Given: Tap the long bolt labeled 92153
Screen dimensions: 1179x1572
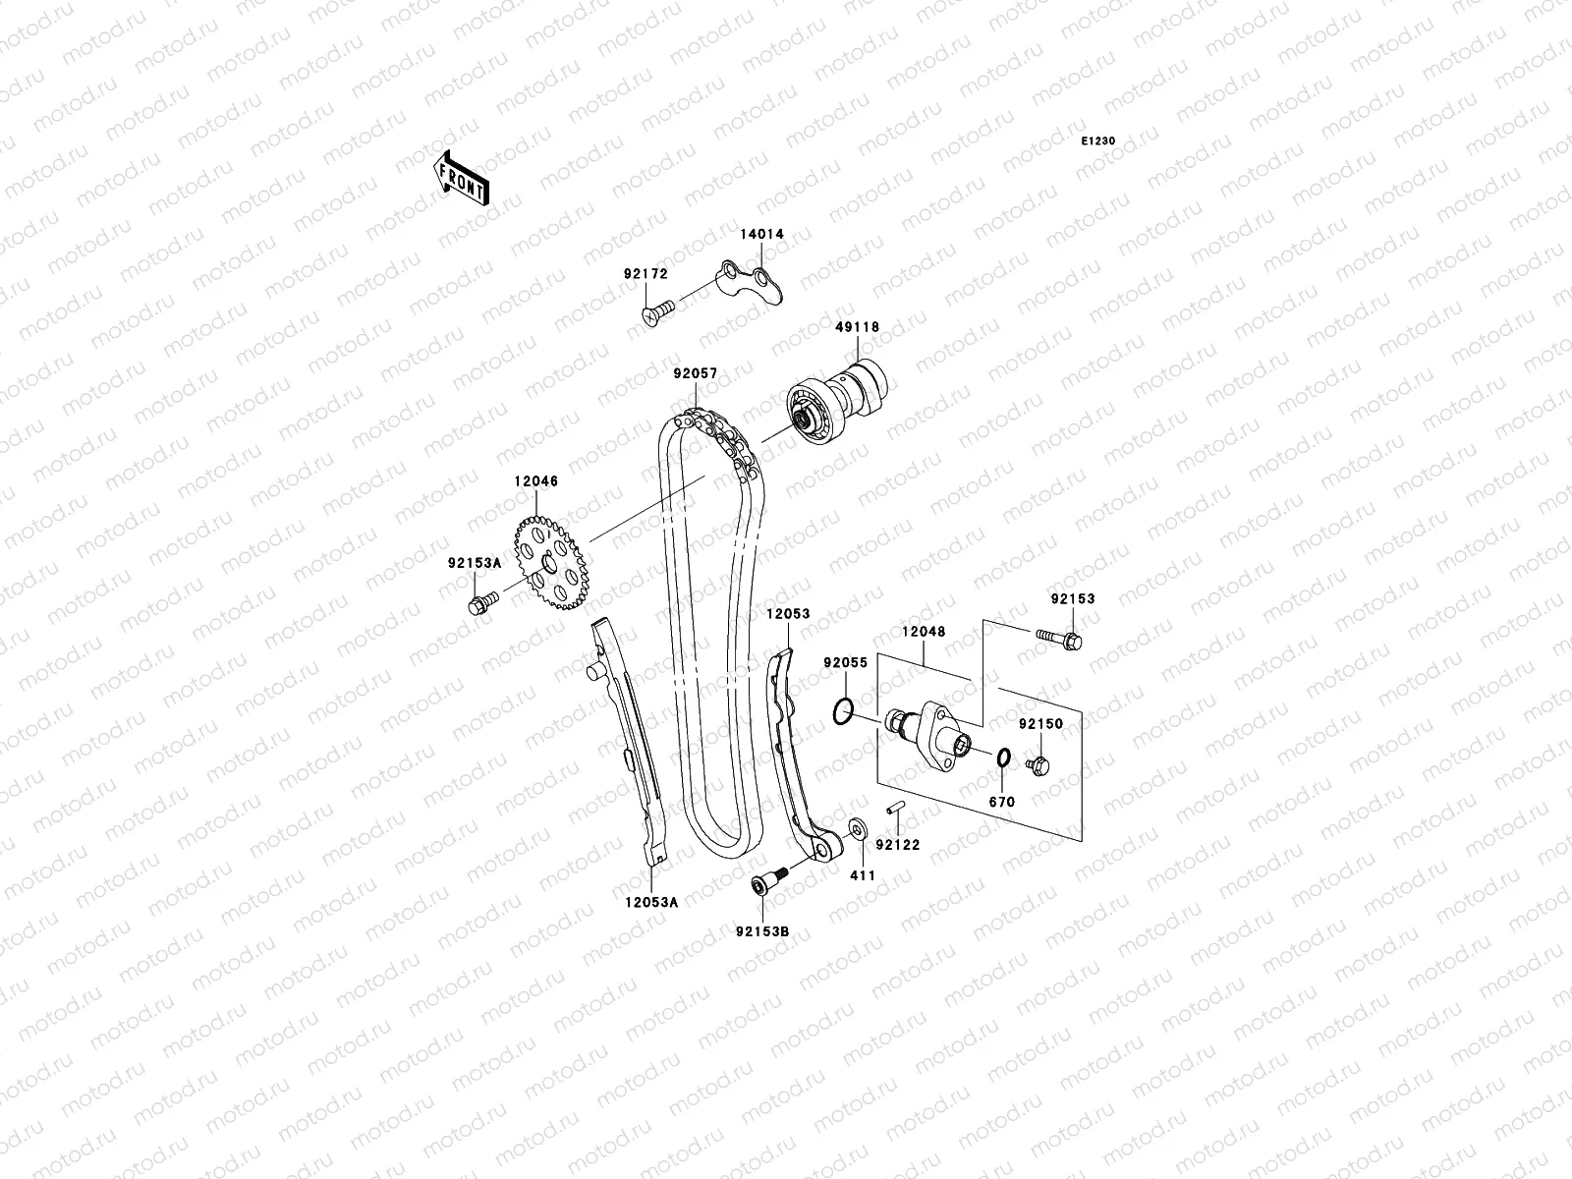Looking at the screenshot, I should pos(1059,639).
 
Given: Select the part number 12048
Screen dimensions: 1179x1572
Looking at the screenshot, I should pos(925,632).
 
